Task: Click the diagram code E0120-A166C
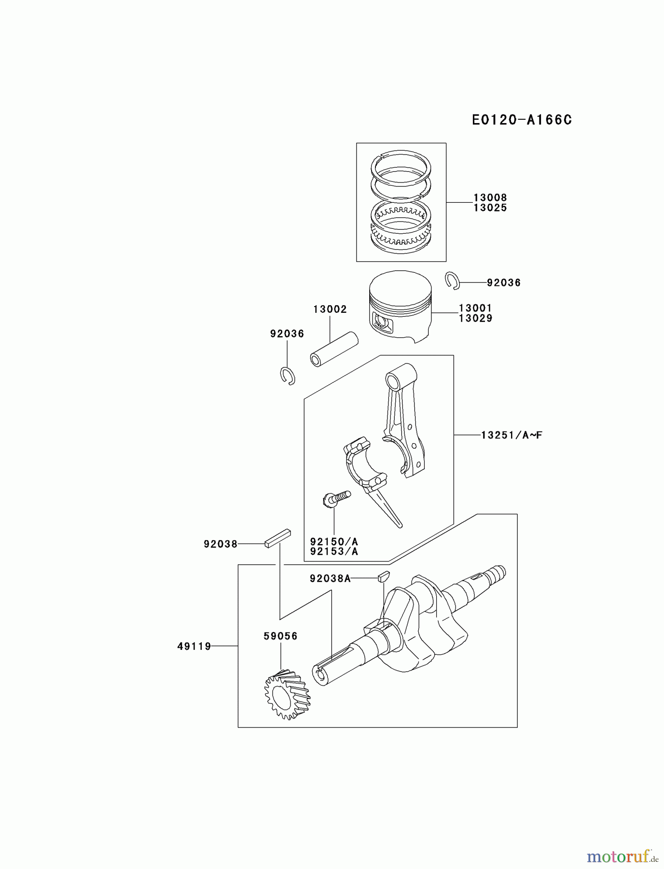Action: [522, 120]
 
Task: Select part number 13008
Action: [490, 197]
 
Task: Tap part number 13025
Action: [490, 208]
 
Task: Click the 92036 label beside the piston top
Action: [503, 283]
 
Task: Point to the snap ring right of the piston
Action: [452, 280]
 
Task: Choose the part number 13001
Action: [475, 308]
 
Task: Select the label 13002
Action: [330, 309]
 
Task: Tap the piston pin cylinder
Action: [334, 349]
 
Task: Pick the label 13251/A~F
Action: [512, 435]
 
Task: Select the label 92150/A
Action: [334, 542]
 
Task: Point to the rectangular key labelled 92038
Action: [277, 537]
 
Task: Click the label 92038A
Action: [330, 578]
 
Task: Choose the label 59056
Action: [280, 636]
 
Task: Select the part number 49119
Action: [194, 646]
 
